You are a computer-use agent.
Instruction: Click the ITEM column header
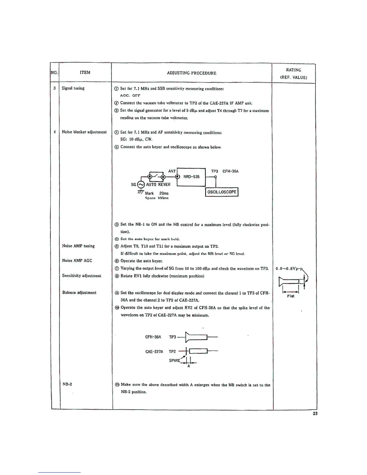(85, 72)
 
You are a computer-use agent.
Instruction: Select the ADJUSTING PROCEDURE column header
(192, 73)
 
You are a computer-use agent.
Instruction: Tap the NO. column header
(54, 72)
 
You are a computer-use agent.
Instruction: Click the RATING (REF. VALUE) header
(294, 73)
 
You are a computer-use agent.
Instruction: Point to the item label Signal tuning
(73, 88)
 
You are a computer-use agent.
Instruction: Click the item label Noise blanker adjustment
(84, 132)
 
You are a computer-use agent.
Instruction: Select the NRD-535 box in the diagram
(191, 177)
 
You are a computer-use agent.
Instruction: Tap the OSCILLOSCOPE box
(222, 192)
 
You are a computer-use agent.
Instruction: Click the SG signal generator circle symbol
(141, 185)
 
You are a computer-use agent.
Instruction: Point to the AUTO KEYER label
(158, 184)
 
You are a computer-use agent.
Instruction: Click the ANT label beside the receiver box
(172, 171)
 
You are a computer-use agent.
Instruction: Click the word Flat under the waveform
(291, 296)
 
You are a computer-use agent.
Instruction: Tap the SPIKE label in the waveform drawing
(175, 360)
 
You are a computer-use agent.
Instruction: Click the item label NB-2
(67, 384)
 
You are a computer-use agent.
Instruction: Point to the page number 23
(315, 414)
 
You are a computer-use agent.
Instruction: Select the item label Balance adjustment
(79, 292)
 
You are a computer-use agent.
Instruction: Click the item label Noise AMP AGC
(77, 261)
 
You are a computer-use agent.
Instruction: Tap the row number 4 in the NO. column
(55, 132)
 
